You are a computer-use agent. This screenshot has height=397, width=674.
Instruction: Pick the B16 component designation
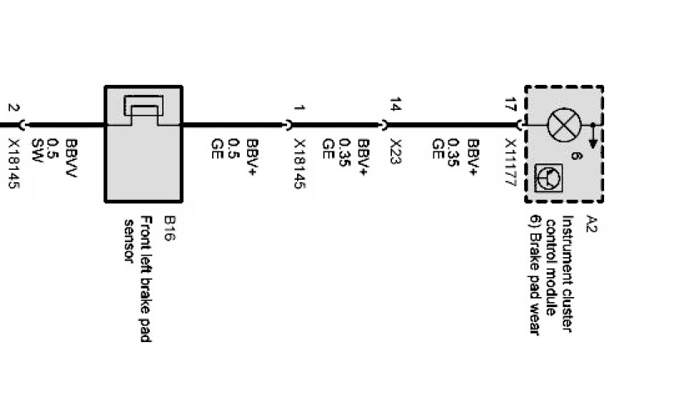tap(169, 229)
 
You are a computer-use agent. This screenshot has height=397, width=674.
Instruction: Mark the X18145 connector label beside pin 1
tap(299, 163)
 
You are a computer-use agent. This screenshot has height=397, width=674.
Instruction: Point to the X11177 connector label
tap(510, 162)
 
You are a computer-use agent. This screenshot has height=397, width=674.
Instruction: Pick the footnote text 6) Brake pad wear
tap(533, 275)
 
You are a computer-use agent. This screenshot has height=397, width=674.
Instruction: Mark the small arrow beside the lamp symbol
tap(593, 134)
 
